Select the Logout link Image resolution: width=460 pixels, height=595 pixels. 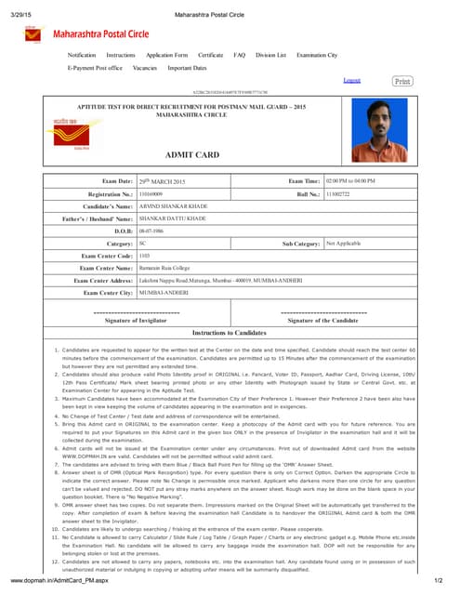pyautogui.click(x=352, y=81)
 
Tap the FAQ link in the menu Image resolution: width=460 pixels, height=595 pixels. pyautogui.click(x=239, y=56)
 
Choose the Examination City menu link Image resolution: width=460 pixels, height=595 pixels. pyautogui.click(x=317, y=56)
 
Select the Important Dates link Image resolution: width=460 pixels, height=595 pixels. pyautogui.click(x=187, y=68)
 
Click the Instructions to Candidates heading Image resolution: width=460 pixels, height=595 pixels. pyautogui.click(x=229, y=332)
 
